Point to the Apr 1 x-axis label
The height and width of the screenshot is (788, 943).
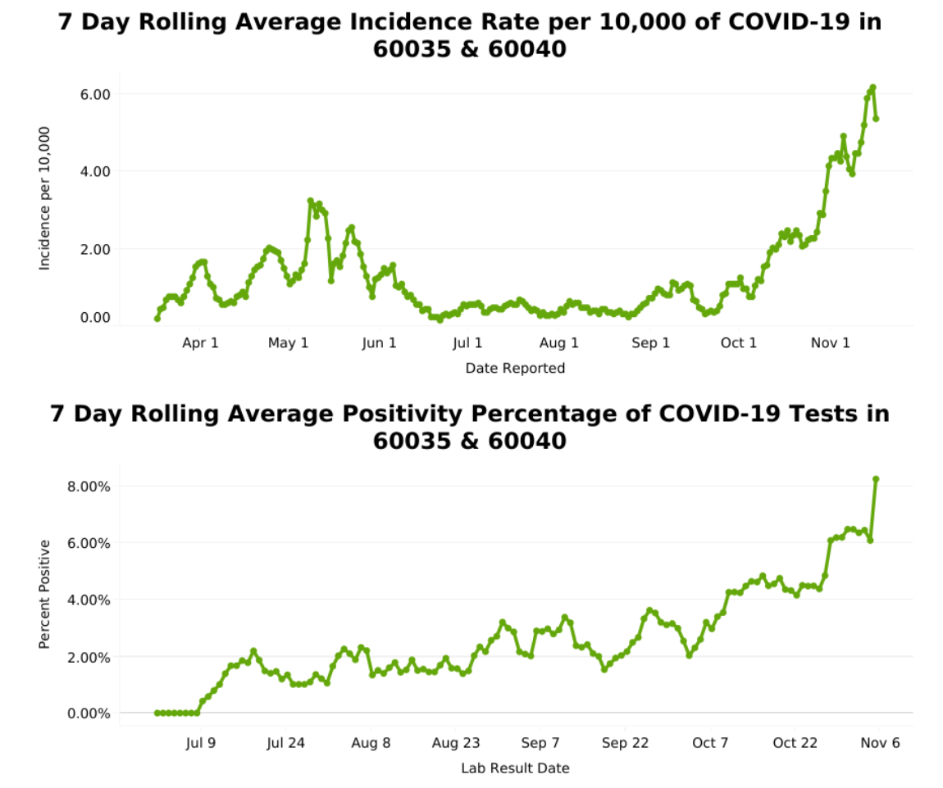click(200, 342)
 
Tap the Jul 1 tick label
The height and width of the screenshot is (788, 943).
click(467, 342)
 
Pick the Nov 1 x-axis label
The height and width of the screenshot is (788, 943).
click(830, 342)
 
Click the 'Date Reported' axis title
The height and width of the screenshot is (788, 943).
click(515, 369)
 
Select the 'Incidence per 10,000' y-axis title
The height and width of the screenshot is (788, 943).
click(45, 198)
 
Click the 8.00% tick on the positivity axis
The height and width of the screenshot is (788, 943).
click(88, 486)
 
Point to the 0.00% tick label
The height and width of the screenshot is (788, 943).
click(88, 713)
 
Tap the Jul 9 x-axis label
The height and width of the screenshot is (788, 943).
click(201, 743)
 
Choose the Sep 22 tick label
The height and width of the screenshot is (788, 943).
click(625, 743)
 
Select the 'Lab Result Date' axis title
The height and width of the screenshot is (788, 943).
click(515, 768)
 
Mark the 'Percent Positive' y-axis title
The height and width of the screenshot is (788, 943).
click(45, 594)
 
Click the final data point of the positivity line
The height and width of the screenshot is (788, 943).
click(876, 479)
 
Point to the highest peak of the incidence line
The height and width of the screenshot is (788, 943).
click(873, 87)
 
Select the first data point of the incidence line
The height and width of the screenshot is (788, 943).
click(157, 318)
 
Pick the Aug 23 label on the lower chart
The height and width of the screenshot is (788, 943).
click(455, 743)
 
